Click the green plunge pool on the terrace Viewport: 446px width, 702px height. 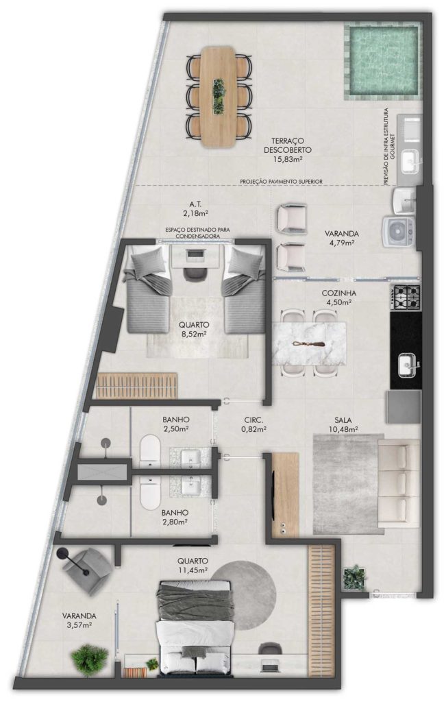coord(382,62)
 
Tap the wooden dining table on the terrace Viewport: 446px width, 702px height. coord(219,97)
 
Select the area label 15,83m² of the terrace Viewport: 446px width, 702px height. coord(287,158)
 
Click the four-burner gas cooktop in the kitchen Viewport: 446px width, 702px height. coord(406,298)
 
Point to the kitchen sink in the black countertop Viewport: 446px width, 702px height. coord(408,363)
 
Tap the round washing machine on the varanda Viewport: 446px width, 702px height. coord(397,232)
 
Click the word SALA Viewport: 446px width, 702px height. coord(343,420)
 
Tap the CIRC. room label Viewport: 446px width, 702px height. coord(253,420)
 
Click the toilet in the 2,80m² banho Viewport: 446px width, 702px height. coord(150,491)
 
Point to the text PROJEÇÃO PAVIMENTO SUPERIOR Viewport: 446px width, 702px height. coord(281,181)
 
